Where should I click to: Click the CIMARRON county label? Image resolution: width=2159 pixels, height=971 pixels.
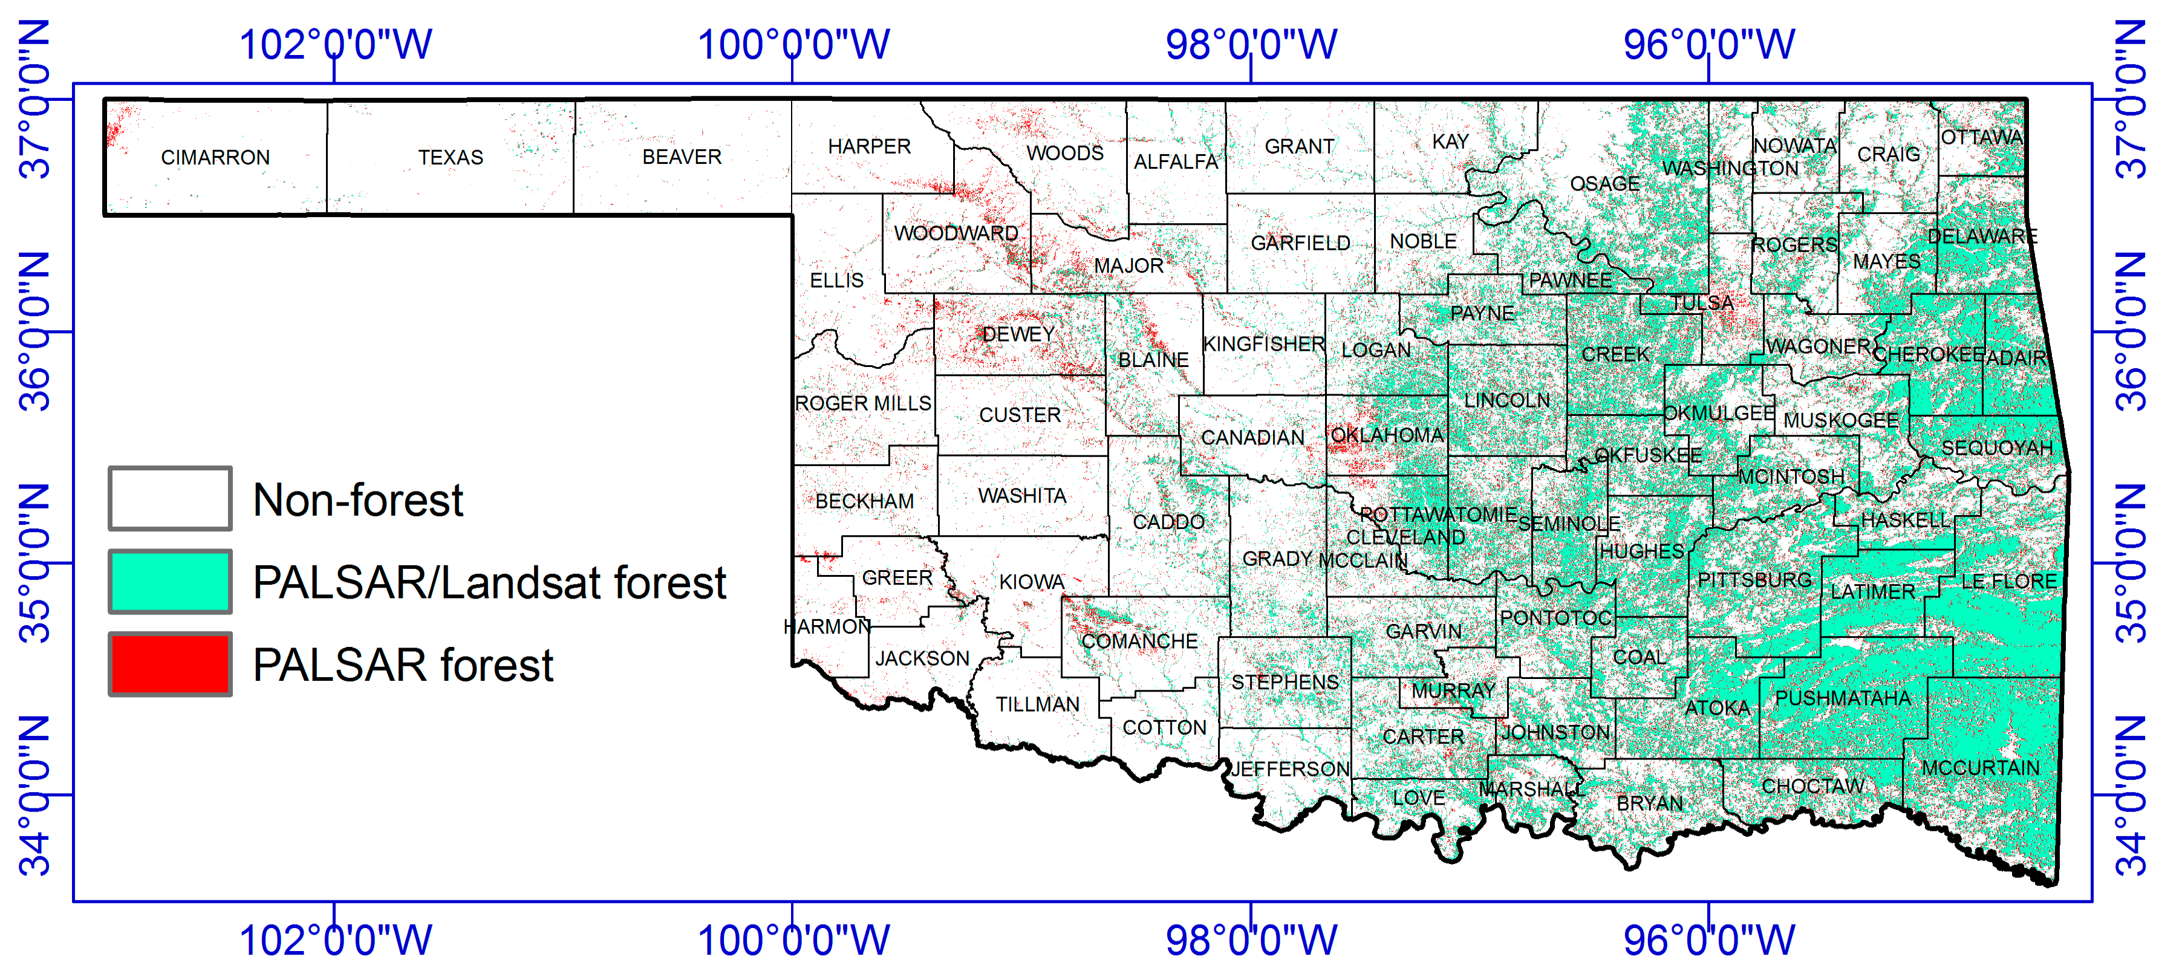tap(215, 158)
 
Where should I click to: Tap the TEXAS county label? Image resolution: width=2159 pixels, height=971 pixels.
tap(451, 158)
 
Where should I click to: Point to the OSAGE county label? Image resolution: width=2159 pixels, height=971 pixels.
tap(1604, 183)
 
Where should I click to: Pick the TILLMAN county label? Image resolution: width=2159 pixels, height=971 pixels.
tap(1038, 704)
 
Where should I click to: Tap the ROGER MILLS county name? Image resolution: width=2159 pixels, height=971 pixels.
tap(862, 403)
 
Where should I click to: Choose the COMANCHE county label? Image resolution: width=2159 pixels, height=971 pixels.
tap(1139, 641)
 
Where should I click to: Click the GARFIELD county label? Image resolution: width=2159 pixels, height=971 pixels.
tap(1300, 243)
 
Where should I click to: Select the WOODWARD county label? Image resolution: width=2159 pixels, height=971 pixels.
tap(956, 233)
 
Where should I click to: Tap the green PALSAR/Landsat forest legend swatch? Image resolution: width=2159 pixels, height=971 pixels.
tap(170, 582)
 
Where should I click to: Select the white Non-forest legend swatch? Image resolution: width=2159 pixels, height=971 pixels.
tap(170, 498)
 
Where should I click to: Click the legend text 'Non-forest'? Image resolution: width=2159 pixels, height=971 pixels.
tap(358, 500)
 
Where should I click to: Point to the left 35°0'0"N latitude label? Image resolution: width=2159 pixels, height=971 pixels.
tap(35, 563)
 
